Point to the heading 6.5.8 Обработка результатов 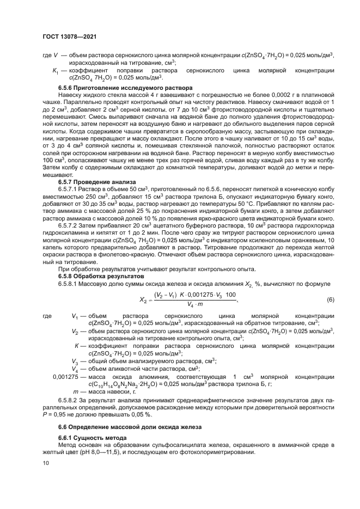click(101, 276)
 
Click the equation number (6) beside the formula click(330, 300)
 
